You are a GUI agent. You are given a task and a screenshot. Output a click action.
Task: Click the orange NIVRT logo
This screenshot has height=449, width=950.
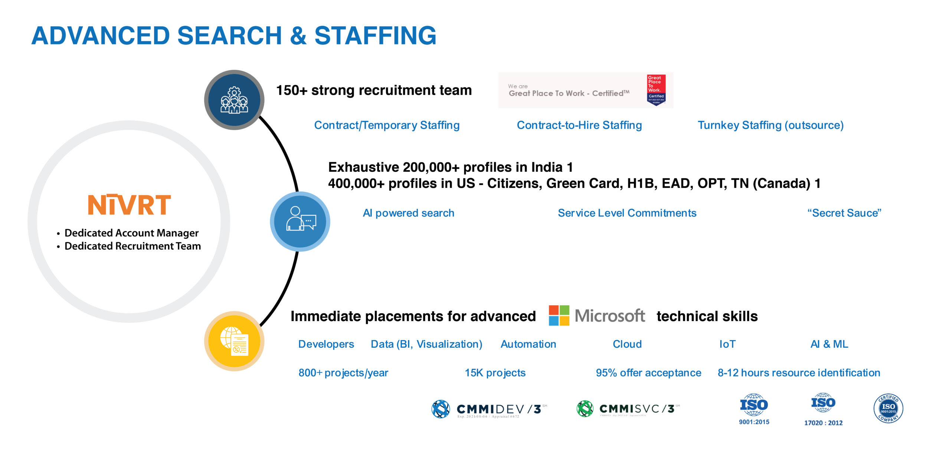129,205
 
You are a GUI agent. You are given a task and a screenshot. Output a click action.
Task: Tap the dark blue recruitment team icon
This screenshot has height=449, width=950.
234,100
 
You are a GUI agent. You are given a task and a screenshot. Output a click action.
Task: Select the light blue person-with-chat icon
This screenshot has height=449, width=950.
300,222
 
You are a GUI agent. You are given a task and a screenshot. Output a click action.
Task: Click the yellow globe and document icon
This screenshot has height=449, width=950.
234,341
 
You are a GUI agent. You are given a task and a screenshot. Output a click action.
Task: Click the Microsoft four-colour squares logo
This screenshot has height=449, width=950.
559,316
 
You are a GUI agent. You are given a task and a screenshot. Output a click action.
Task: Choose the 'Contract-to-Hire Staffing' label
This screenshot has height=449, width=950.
579,125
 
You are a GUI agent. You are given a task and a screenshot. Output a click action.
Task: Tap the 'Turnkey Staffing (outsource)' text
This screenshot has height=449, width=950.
770,125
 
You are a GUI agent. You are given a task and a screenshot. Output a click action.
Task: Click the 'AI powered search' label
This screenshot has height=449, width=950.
408,213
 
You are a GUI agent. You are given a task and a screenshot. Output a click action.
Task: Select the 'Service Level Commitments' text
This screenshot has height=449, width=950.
627,213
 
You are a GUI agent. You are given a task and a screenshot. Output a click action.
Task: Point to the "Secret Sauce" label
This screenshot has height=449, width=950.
844,213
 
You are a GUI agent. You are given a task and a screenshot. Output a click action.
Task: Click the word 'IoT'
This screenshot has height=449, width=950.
727,344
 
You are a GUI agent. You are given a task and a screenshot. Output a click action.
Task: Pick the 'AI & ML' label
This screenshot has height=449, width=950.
829,344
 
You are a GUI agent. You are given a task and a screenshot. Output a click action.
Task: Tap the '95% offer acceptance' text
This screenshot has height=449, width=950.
648,373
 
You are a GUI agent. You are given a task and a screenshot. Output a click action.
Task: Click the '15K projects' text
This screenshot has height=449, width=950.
495,373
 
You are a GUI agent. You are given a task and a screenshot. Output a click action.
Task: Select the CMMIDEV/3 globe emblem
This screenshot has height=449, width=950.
441,409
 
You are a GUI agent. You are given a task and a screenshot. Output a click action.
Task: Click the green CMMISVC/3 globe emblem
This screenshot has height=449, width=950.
585,409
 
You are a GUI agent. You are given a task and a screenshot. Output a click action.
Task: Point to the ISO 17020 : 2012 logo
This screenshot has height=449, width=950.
823,409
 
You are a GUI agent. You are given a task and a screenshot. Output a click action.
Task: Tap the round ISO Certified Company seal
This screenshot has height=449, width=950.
888,409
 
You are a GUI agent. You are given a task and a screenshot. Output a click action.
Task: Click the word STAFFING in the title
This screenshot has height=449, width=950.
375,36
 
